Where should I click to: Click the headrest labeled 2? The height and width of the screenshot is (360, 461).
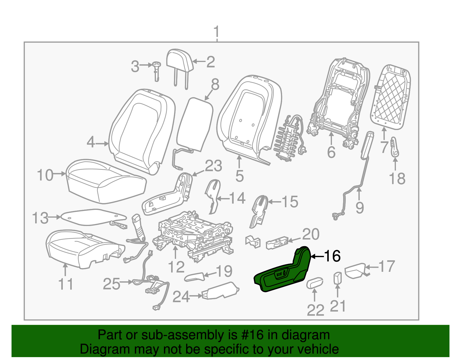coord(180,61)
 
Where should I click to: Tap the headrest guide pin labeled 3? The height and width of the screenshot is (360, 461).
coord(156,71)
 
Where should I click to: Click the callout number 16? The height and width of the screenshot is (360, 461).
coord(333,256)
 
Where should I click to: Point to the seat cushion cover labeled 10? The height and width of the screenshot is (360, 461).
coord(106,181)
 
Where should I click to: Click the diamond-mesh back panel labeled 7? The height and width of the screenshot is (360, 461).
coord(391,97)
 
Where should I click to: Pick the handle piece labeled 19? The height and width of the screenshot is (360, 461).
coord(194,277)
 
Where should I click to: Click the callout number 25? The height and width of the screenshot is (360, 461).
coord(112,284)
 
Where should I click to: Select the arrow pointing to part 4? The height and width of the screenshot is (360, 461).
coord(102,144)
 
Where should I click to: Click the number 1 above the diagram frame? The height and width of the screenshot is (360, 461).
coord(217,32)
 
